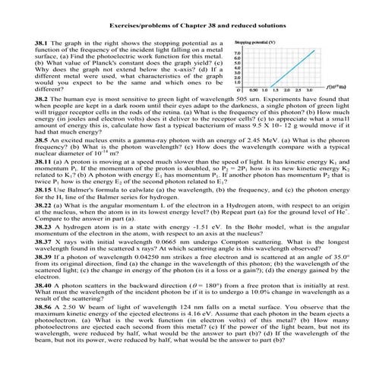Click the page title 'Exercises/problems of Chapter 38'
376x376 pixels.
tap(188, 25)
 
